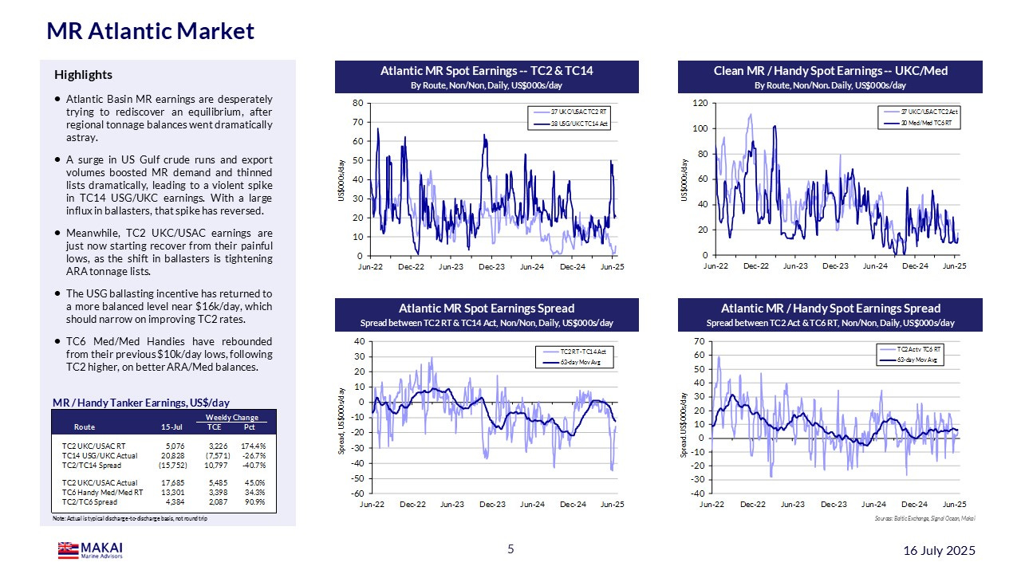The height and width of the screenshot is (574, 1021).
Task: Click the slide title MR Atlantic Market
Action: pos(150,31)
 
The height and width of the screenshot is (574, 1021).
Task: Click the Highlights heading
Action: pos(83,75)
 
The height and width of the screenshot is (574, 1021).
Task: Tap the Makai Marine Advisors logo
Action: pos(90,550)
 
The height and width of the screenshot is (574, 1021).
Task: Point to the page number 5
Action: pos(510,548)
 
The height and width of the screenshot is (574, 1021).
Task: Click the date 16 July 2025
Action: pos(939,551)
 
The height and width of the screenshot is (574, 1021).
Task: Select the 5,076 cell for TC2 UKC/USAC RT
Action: pos(174,446)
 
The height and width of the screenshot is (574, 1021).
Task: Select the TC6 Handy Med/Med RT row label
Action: pos(102,493)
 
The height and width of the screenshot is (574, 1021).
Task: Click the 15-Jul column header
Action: pos(171,427)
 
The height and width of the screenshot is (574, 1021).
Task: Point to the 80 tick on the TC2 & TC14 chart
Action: pos(358,103)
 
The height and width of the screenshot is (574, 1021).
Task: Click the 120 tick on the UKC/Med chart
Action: pos(700,103)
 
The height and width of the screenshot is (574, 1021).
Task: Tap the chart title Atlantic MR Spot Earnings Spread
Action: pos(487,308)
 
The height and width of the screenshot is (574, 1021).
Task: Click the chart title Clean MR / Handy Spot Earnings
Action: pos(830,71)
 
